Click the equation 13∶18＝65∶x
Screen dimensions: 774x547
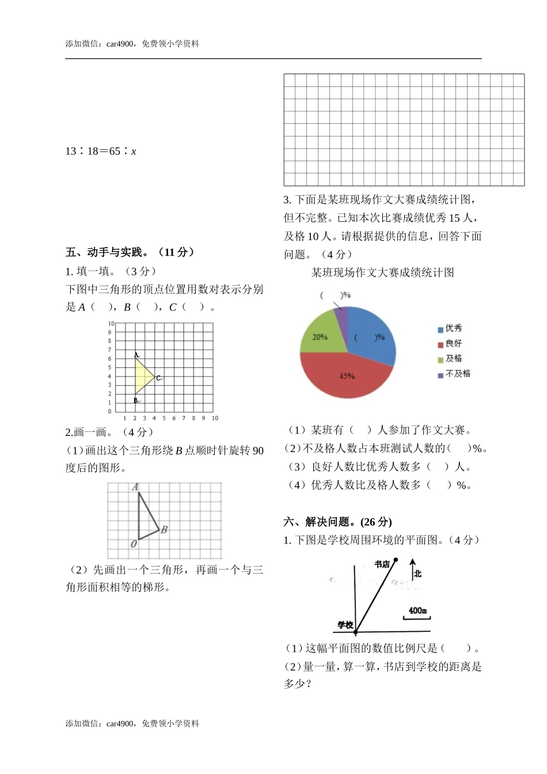(101, 151)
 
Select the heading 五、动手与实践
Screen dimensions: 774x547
(130, 252)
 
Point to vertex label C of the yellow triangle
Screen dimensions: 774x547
(158, 378)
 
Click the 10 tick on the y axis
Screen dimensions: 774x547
(111, 324)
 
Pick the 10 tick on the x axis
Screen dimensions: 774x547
(215, 418)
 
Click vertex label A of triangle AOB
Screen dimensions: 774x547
(135, 487)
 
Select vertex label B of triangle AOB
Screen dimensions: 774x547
(164, 529)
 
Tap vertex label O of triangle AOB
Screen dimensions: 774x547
(134, 544)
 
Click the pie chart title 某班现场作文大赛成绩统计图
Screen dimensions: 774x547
(382, 272)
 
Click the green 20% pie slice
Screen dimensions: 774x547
(320, 337)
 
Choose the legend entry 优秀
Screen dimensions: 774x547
(450, 328)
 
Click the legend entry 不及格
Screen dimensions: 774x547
(454, 374)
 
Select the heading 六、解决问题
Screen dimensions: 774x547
(337, 522)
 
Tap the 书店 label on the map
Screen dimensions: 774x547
(382, 564)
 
